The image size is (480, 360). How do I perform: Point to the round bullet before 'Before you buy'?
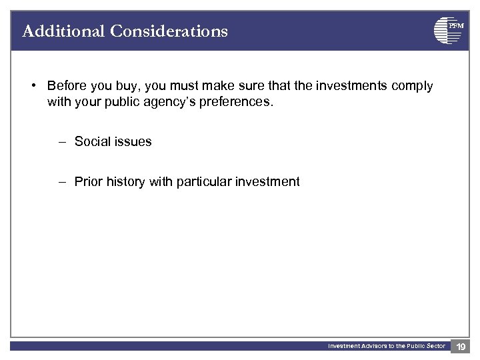coord(33,86)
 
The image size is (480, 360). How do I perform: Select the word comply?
coord(411,86)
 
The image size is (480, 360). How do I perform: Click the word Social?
coord(93,141)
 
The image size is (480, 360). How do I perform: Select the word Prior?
coord(88,181)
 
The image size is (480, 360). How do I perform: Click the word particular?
coord(201,181)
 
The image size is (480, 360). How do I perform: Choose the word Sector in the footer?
coord(434,346)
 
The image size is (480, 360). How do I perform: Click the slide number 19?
coord(460,347)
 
